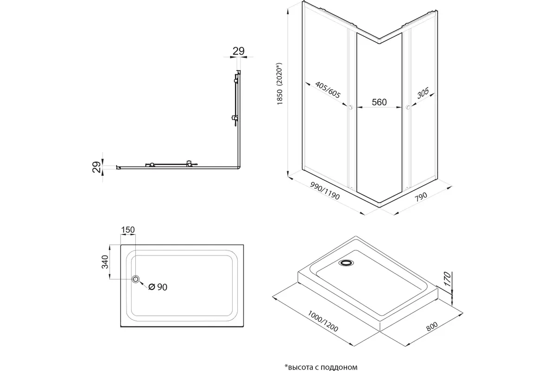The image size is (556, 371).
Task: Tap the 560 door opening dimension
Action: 379,102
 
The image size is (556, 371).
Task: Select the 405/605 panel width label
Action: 327,90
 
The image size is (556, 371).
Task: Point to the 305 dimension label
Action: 422,95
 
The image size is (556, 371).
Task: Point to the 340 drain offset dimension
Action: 105,262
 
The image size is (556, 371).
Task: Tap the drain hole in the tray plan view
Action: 136,279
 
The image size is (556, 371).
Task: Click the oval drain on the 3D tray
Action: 346,263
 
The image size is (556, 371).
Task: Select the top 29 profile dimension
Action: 238,51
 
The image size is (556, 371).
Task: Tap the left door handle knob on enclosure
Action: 351,108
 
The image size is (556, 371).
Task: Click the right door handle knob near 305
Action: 407,108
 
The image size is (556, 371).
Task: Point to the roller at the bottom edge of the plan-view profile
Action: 189,164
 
